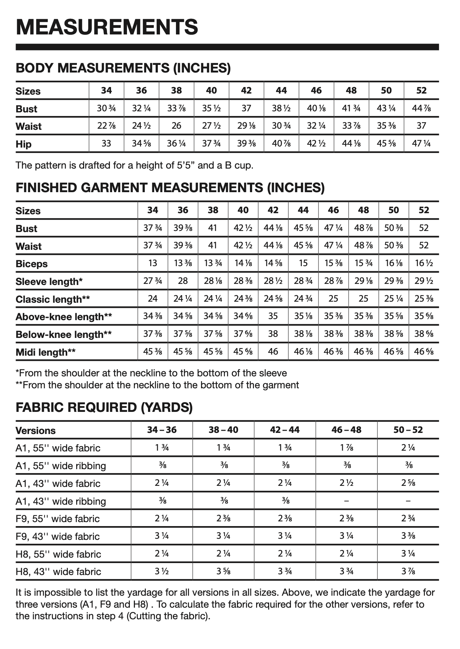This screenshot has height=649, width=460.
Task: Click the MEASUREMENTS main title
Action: click(x=107, y=27)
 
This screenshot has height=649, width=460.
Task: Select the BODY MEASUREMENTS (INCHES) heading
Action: click(x=123, y=68)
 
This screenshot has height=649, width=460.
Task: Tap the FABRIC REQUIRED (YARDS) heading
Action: click(x=104, y=407)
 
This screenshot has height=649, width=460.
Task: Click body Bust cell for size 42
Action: click(x=246, y=108)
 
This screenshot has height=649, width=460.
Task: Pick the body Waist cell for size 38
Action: click(x=176, y=126)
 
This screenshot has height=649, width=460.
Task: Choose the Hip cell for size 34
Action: click(x=106, y=144)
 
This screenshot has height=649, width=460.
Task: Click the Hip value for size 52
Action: click(x=421, y=144)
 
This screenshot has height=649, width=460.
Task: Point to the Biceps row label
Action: click(x=32, y=264)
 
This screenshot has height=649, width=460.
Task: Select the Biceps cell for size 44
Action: click(x=303, y=263)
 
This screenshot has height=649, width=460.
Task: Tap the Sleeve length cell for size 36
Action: click(x=183, y=281)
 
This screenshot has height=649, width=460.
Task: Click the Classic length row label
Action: click(x=53, y=299)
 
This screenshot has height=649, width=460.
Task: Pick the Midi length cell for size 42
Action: click(x=273, y=351)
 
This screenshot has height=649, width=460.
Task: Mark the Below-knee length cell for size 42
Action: click(x=273, y=334)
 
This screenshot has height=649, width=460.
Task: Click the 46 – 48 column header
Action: click(x=346, y=430)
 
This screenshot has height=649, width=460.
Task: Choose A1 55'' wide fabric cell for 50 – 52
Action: click(x=408, y=447)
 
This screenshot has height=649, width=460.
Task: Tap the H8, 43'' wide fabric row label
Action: click(x=58, y=571)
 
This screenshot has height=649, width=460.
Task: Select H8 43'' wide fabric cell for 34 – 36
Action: click(x=162, y=571)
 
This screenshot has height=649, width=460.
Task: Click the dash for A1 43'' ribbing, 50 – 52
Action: click(x=408, y=501)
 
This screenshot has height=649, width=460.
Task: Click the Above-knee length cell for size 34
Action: click(x=153, y=316)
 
